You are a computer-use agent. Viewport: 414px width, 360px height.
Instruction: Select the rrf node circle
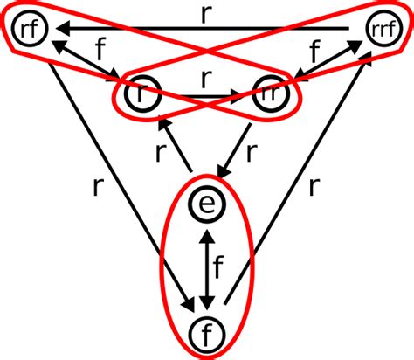[380, 31]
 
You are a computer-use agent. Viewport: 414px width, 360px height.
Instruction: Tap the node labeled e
[206, 205]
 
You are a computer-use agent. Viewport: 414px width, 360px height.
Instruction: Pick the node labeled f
[206, 333]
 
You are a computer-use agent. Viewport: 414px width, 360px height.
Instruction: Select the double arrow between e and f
[206, 269]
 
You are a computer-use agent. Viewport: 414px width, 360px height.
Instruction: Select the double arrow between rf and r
[88, 66]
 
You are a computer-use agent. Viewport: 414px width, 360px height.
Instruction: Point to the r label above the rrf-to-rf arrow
[206, 14]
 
